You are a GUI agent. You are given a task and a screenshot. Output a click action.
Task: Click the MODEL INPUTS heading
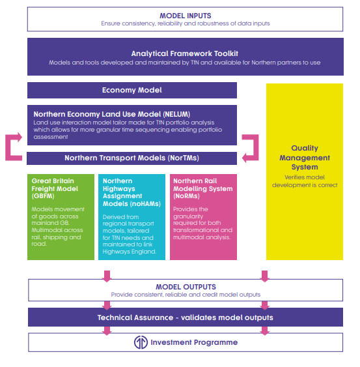[x=185, y=16]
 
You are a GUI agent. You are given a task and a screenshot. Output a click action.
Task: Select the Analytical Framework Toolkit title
[x=185, y=53]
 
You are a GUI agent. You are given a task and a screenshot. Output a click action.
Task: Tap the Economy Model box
[x=132, y=90]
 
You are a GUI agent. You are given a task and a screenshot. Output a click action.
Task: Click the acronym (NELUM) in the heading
[x=176, y=114]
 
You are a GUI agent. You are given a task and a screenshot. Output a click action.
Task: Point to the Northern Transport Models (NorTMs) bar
[x=132, y=158]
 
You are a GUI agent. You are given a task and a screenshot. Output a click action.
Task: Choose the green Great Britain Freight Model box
[x=61, y=217]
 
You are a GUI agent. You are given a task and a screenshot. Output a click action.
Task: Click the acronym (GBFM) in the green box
[x=43, y=196]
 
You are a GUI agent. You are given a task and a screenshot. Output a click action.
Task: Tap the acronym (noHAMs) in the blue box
[x=145, y=204]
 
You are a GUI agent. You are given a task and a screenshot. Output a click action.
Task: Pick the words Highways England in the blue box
[x=130, y=252]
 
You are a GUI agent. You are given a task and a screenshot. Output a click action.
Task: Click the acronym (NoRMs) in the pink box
[x=187, y=196]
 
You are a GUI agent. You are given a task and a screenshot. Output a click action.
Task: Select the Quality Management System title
[x=305, y=158]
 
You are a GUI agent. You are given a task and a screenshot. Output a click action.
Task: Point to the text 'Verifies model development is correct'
[x=305, y=181]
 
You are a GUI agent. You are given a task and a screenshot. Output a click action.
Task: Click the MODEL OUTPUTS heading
[x=186, y=287]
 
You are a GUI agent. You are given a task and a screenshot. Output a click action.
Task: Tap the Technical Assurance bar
[x=186, y=317]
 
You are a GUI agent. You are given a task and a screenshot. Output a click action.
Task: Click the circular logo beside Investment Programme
[x=141, y=342]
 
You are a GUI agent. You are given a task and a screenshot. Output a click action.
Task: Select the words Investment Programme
[x=194, y=342]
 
